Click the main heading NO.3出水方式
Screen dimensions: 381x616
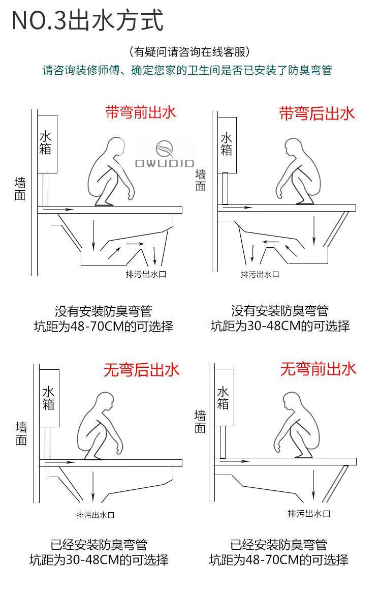pyautogui.click(x=87, y=20)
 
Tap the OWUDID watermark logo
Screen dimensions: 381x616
pyautogui.click(x=165, y=154)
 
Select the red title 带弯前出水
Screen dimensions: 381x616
pyautogui.click(x=140, y=112)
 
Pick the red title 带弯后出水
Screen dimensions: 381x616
pyautogui.click(x=316, y=113)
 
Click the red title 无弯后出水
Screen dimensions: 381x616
pyautogui.click(x=141, y=370)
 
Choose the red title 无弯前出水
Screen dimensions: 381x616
pyautogui.click(x=318, y=369)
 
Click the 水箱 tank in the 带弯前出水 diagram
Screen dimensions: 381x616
pyautogui.click(x=47, y=144)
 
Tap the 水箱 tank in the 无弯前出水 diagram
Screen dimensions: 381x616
pyautogui.click(x=224, y=397)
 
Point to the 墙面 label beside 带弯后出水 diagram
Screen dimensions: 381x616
pyautogui.click(x=201, y=180)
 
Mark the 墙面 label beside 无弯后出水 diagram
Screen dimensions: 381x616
pyautogui.click(x=21, y=433)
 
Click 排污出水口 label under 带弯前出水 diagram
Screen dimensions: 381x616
pyautogui.click(x=146, y=274)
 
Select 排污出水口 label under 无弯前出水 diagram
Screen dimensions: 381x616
pyautogui.click(x=309, y=513)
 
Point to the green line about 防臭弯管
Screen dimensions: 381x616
pyautogui.click(x=187, y=70)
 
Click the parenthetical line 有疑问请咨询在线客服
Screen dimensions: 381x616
pyautogui.click(x=189, y=52)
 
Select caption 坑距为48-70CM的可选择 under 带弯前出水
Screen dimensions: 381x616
pyautogui.click(x=104, y=327)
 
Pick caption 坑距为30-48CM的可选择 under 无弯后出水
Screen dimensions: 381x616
pyautogui.click(x=99, y=560)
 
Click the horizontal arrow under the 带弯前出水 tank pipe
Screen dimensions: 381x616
pyautogui.click(x=59, y=210)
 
